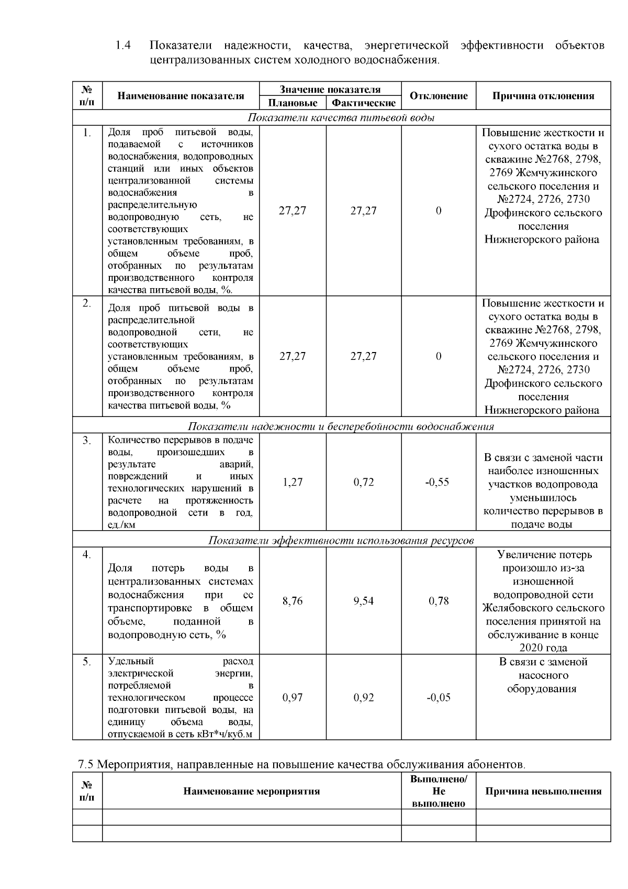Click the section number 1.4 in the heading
click(x=123, y=46)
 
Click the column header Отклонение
click(x=439, y=96)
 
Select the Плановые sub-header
click(x=293, y=103)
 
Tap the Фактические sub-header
click(x=364, y=103)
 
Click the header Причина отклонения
click(x=543, y=96)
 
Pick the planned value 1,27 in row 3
click(x=293, y=482)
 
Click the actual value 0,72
click(x=364, y=482)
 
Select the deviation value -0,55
click(x=438, y=482)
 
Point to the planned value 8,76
click(x=293, y=601)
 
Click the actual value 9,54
click(x=364, y=601)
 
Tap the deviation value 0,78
click(x=439, y=601)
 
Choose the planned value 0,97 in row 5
click(x=293, y=697)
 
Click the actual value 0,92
click(x=364, y=697)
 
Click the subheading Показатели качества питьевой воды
click(x=341, y=117)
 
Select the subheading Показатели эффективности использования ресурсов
click(x=341, y=540)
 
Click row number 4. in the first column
click(x=87, y=554)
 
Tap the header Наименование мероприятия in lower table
click(x=251, y=791)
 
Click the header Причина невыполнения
click(x=543, y=791)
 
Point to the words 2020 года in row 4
click(x=543, y=648)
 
